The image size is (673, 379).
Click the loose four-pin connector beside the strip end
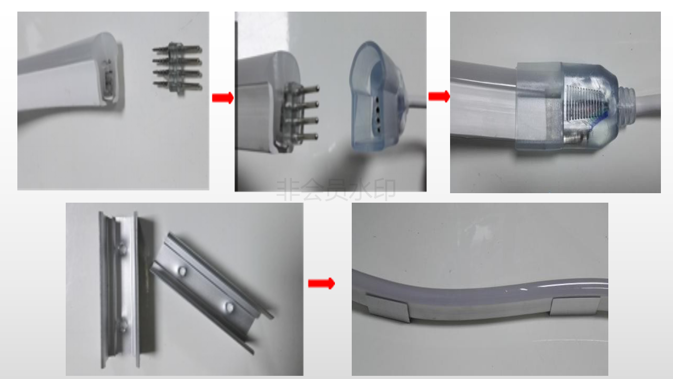177,68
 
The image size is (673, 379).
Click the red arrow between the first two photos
222,98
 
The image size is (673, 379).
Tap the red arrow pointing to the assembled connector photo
439,96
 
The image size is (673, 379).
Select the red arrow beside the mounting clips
321,283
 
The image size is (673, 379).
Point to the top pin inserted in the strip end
304,89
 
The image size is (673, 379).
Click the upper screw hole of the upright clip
122,248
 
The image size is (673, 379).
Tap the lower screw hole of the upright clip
123,326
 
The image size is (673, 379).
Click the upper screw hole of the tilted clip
182,271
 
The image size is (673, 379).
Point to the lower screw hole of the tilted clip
229,307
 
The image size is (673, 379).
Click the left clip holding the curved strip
388,307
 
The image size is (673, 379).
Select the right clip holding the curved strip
575,306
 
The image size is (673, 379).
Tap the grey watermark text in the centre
336,189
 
